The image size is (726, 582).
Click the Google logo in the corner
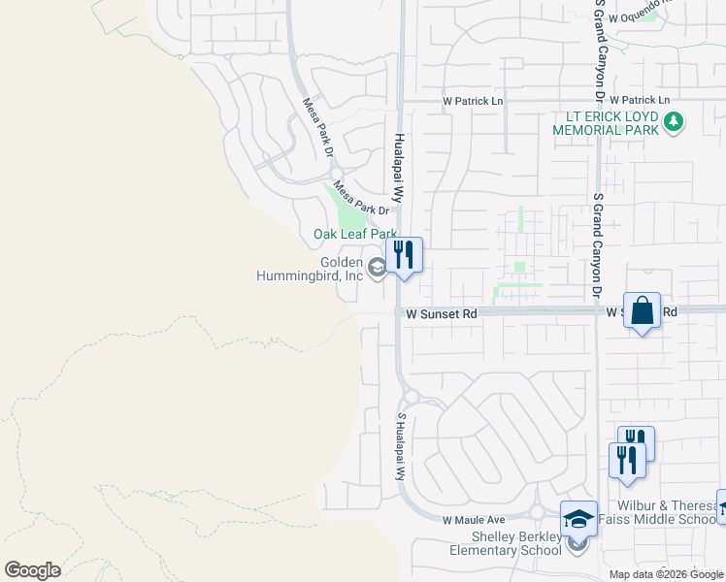pos(33,570)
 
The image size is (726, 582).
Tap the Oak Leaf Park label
pos(355,234)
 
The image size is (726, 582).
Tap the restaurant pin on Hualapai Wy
pos(404,256)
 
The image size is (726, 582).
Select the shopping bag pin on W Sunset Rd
pos(642,311)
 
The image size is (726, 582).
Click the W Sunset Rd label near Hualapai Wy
pos(442,314)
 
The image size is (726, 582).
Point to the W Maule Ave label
pos(475,521)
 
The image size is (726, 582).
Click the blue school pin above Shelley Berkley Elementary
pos(578,520)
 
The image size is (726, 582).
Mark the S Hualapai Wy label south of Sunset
pos(399,446)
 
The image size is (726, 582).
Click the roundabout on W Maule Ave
pos(537,512)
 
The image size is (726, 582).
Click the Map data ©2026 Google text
pos(666,574)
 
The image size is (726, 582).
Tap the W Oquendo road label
pos(663,10)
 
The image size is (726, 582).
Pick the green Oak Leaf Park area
pos(347,205)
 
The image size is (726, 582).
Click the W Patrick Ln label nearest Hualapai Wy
pos(473,101)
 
